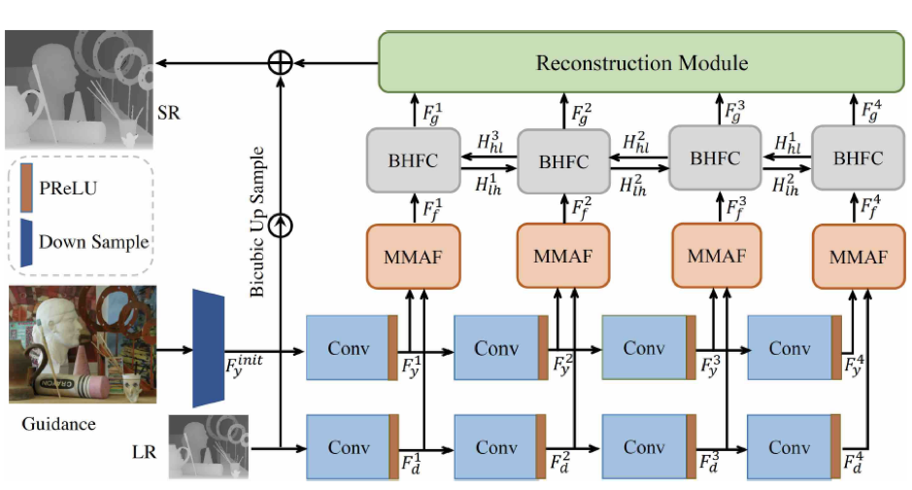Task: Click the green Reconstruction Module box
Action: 642,62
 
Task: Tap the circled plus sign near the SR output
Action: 280,62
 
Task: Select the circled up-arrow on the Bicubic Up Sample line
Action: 281,226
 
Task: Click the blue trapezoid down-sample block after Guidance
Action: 208,348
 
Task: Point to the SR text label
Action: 169,113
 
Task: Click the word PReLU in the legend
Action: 68,188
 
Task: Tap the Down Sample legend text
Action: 93,241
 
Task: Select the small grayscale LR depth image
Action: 208,447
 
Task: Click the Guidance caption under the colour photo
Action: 58,424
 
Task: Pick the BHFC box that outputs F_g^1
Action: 413,160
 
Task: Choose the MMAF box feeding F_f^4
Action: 859,257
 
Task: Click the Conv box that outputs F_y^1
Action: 352,348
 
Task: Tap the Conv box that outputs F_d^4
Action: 794,447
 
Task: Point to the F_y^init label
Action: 244,367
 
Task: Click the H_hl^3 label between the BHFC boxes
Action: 490,142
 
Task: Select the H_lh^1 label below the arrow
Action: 488,185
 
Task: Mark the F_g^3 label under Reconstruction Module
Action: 735,111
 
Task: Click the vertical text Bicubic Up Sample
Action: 256,222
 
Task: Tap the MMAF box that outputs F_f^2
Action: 563,256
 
